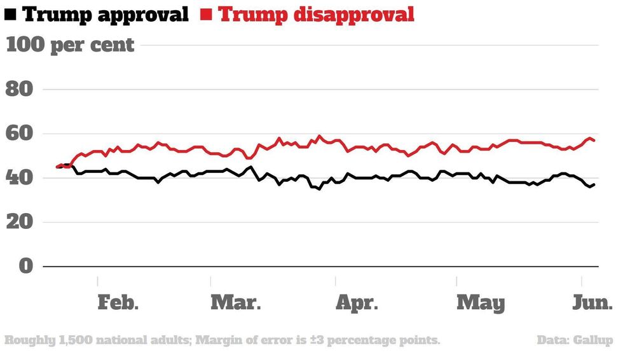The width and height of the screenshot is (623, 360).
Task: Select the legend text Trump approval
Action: pyautogui.click(x=106, y=14)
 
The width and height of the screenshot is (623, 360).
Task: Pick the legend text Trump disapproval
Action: pyautogui.click(x=316, y=14)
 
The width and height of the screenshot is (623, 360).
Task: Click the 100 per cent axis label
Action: pyautogui.click(x=70, y=45)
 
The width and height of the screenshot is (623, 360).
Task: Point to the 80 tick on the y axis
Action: pyautogui.click(x=19, y=90)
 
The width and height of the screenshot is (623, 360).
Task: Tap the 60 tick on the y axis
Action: pyautogui.click(x=19, y=134)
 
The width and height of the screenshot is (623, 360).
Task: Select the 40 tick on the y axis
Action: pyautogui.click(x=19, y=178)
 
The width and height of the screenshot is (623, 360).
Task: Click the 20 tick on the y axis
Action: pyautogui.click(x=19, y=223)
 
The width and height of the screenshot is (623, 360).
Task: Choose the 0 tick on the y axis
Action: pyautogui.click(x=25, y=267)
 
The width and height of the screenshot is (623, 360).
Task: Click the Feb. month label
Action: pyautogui.click(x=118, y=302)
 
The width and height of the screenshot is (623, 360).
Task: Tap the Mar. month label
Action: pyautogui.click(x=235, y=302)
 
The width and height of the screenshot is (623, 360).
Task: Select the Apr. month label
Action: pyautogui.click(x=357, y=302)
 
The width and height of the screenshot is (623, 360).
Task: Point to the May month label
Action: pyautogui.click(x=481, y=302)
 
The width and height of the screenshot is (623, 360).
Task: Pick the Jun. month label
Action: pyautogui.click(x=591, y=302)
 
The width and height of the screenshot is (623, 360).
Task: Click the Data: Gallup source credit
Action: pyautogui.click(x=575, y=340)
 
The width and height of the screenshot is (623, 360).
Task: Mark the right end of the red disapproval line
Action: pyautogui.click(x=594, y=140)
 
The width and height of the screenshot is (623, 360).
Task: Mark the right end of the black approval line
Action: pyautogui.click(x=594, y=184)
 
